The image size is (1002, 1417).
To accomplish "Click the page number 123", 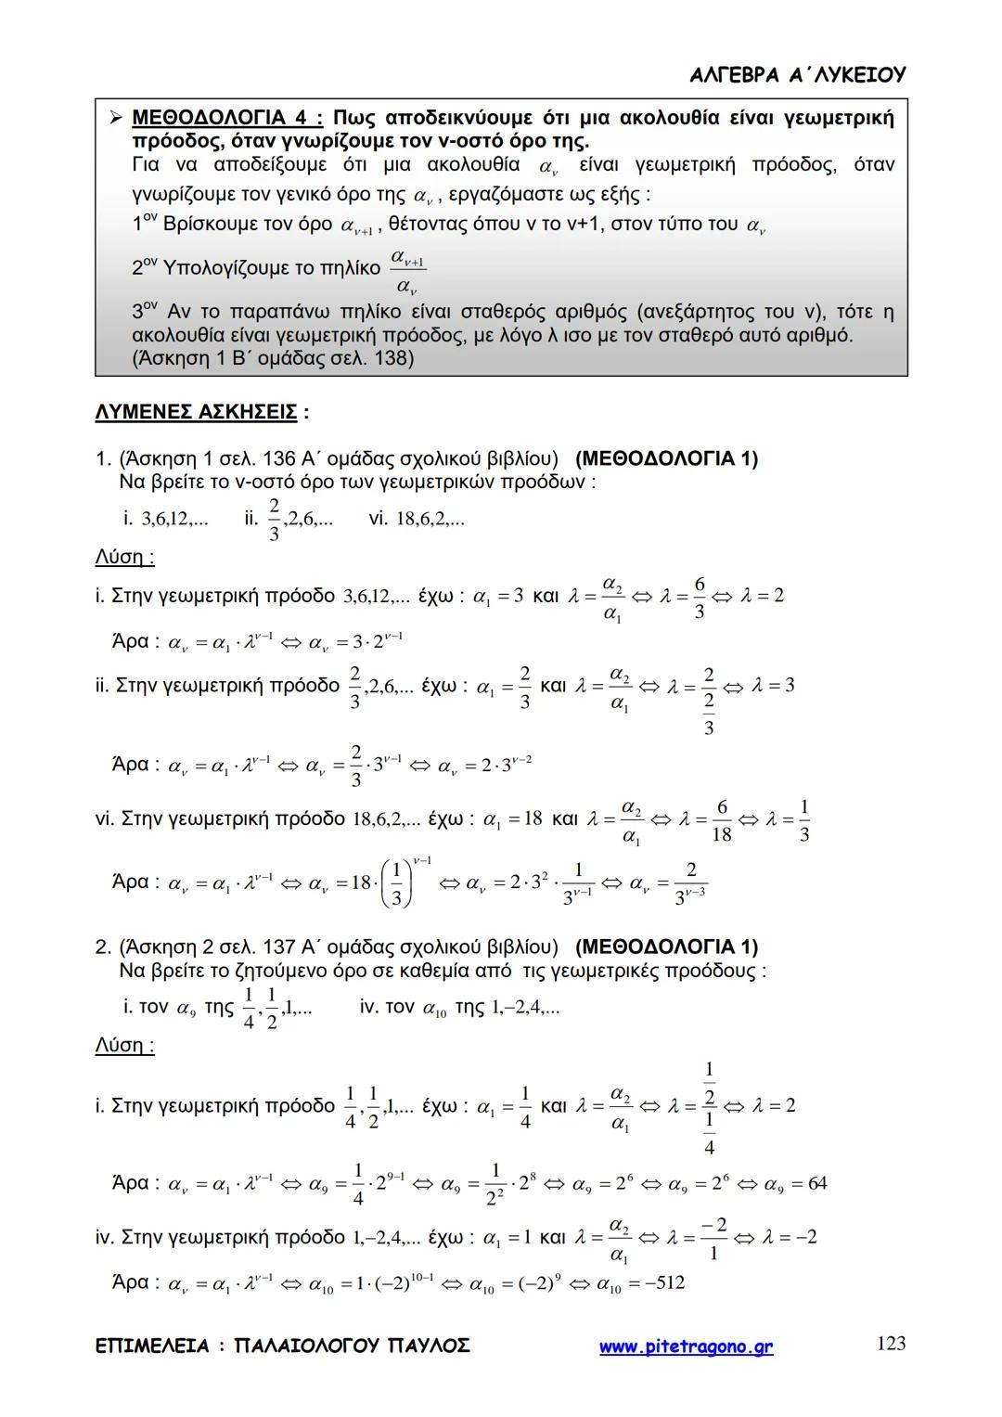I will pos(891,1344).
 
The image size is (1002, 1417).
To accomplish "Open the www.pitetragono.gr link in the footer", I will pos(686,1346).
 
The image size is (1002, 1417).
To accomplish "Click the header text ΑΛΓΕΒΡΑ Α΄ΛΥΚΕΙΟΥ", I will pos(798,75).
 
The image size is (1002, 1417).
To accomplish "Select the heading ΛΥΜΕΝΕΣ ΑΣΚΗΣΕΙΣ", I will pos(196,412).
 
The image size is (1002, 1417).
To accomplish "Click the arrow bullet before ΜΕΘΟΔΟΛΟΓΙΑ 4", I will pos(115,118).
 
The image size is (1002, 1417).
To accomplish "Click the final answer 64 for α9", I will pos(816,1183).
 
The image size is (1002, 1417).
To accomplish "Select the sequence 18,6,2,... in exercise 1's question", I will pos(430,519).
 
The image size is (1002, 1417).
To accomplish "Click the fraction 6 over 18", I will pos(721,820).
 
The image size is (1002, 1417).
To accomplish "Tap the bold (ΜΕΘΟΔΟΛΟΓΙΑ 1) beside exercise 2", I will pos(666,947).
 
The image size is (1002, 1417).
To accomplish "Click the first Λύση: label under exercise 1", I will pos(124,558).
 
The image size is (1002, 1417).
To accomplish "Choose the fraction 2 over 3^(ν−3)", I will pos(690,882).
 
